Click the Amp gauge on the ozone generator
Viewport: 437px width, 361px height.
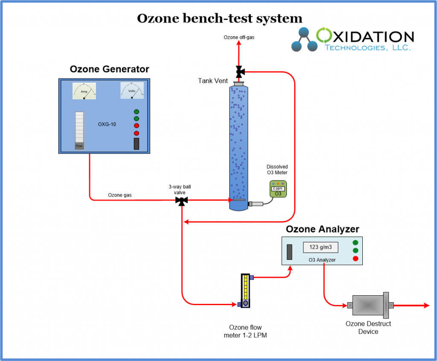84,91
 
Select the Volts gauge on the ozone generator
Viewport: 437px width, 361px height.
132,90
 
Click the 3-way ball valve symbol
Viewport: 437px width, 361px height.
182,200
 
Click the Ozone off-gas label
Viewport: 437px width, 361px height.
239,38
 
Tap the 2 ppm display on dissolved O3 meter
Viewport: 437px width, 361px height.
278,188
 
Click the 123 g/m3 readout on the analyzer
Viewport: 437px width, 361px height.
320,247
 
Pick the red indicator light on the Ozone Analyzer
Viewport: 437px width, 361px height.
355,258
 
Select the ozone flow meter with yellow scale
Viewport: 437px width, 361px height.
245,290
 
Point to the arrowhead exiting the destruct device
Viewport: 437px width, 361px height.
425,305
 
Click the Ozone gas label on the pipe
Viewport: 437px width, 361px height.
119,195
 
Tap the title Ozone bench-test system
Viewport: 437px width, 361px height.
219,18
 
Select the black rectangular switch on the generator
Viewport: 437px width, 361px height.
136,144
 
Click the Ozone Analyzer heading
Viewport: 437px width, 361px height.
322,229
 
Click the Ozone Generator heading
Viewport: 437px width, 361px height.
109,69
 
